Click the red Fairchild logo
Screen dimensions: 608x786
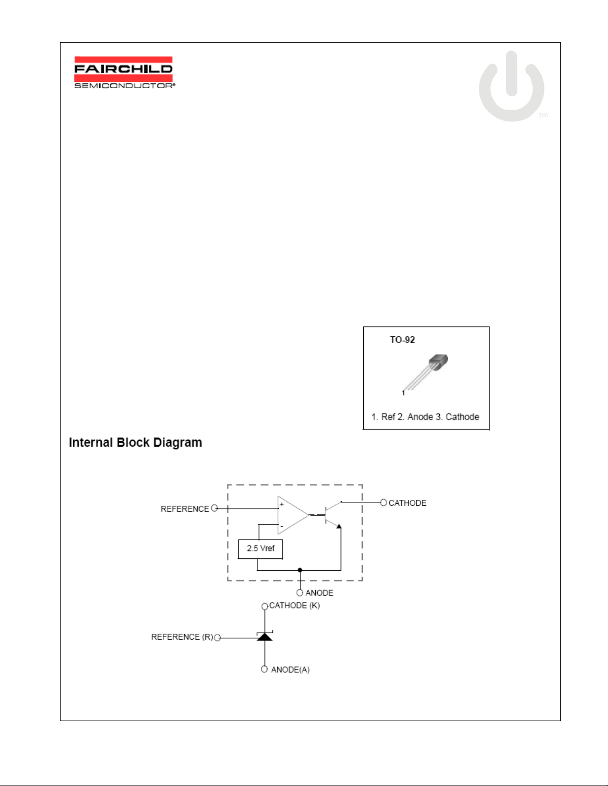(x=124, y=69)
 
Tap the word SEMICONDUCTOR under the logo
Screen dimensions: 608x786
(x=124, y=86)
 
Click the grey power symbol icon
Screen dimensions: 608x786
(x=511, y=86)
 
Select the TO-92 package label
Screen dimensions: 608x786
(x=403, y=340)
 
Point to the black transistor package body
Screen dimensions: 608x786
(x=439, y=362)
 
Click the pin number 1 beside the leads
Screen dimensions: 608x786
(x=403, y=393)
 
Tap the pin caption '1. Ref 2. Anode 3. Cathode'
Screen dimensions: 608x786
(x=425, y=417)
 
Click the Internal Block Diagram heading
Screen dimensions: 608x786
(x=135, y=442)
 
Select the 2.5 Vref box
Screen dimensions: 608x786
(x=261, y=549)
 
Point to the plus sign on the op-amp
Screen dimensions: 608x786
(x=282, y=504)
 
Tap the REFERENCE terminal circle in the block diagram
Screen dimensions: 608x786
(x=214, y=508)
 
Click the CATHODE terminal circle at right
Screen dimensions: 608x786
(x=384, y=502)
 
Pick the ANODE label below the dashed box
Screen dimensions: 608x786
(x=319, y=593)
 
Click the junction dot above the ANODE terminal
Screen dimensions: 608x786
(x=300, y=570)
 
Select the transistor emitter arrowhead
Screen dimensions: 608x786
(x=338, y=526)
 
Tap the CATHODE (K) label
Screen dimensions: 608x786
(x=295, y=605)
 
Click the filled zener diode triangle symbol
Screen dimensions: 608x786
(x=265, y=637)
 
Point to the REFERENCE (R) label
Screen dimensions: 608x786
(x=182, y=637)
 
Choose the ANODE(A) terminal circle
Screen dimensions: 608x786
(x=264, y=669)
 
